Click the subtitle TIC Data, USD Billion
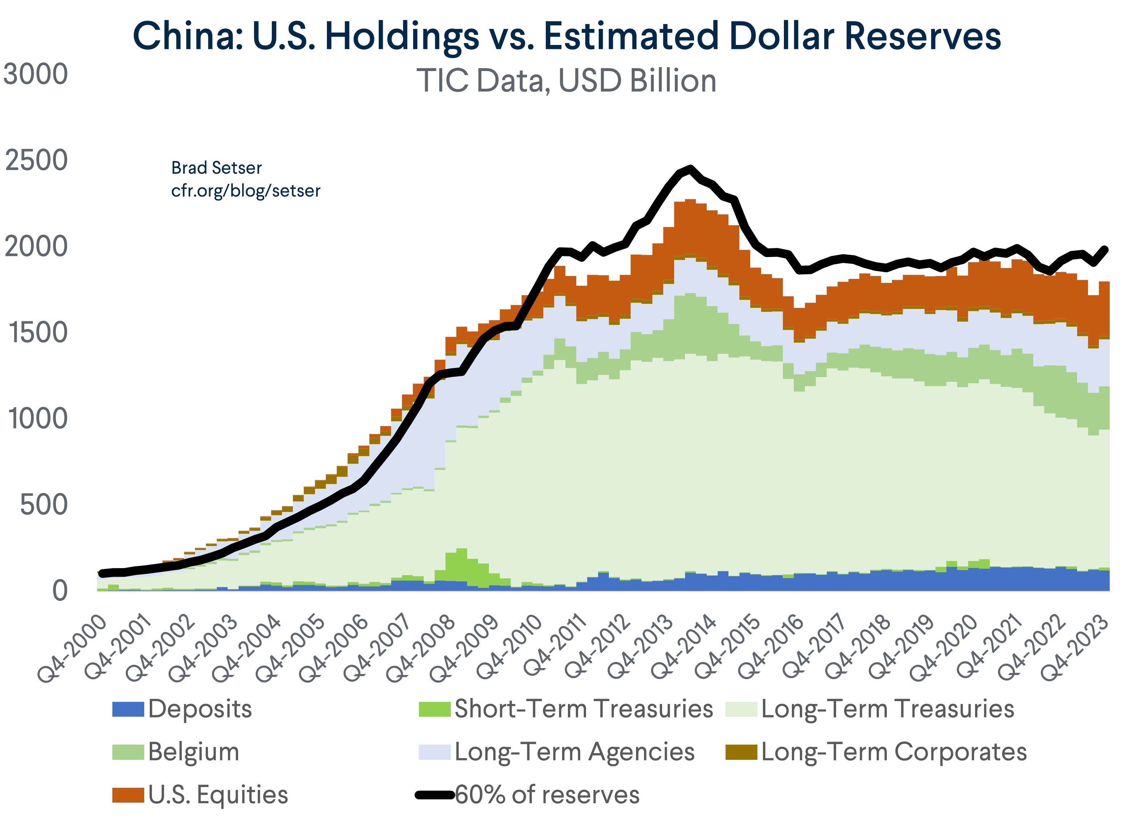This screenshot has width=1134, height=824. (x=566, y=80)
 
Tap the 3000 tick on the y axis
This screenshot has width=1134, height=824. (x=36, y=75)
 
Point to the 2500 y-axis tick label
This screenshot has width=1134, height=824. (x=36, y=161)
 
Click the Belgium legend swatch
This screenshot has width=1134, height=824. (x=128, y=751)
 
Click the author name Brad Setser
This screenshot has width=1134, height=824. (x=216, y=168)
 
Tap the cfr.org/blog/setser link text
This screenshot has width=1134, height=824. (x=245, y=190)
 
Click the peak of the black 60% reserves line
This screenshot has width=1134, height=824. (x=690, y=169)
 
